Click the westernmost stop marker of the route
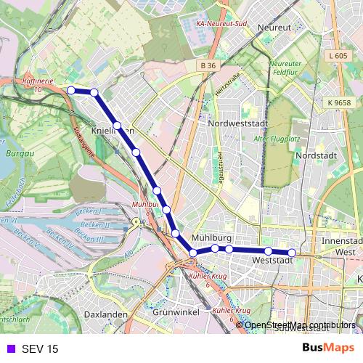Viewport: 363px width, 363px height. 71,90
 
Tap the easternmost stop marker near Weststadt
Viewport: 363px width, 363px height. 292,253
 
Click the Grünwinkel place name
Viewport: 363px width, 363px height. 176,314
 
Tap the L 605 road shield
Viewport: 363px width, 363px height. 338,56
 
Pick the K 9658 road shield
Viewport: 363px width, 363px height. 338,103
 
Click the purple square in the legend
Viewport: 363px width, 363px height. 9,348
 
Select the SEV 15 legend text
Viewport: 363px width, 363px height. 39,348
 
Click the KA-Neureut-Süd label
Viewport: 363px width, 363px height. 222,23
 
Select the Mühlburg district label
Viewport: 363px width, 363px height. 212,238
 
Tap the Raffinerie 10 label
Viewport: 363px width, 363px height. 38,84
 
